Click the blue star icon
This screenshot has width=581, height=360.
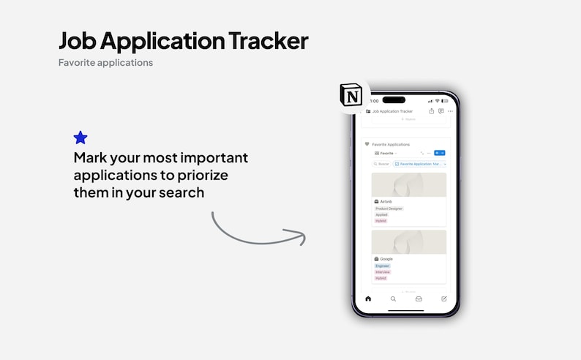80,138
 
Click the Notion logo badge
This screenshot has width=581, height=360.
351,96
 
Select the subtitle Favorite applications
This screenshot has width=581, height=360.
105,63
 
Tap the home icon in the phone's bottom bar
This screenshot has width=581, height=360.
368,299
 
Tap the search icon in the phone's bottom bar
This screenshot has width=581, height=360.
393,299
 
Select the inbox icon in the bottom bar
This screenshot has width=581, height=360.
419,299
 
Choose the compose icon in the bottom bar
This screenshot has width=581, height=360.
443,299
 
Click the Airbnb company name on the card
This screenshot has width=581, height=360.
386,201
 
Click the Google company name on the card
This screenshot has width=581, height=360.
386,259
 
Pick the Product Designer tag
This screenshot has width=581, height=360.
389,209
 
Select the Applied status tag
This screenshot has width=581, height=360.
382,214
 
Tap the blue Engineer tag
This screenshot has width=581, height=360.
383,266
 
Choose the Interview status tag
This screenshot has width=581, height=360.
383,272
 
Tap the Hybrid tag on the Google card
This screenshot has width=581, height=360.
381,278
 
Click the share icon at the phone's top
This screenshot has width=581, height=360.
432,111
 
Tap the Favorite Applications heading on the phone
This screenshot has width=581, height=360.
391,144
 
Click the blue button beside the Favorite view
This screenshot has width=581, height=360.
439,153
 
